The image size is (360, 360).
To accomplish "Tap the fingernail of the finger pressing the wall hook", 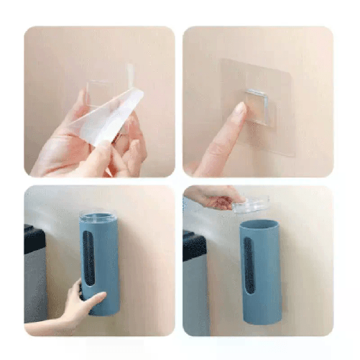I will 239,109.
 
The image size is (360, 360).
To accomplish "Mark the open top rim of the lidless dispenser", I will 259,223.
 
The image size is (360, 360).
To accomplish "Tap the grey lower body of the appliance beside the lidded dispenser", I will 35,287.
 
